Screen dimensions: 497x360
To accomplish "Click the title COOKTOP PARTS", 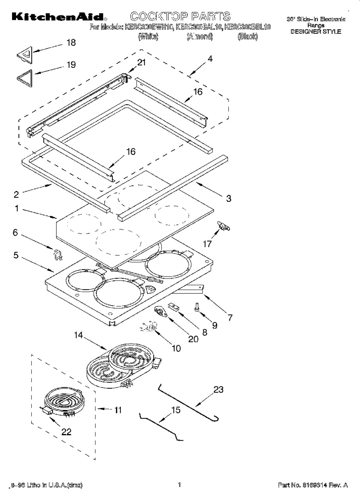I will pos(180,16).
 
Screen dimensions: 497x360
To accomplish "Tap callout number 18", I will pos(71,43).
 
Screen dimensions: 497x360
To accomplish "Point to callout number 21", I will pos(141,63).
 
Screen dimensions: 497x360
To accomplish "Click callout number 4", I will pos(210,59).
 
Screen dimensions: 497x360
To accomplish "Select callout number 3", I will pos(229,198).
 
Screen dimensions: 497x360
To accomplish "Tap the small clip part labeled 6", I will pos(57,254).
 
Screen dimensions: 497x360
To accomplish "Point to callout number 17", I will pos(207,244).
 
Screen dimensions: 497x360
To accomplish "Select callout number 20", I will pos(193,339).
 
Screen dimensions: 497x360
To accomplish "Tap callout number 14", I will pos(78,335).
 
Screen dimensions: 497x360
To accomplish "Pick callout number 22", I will pos(66,432).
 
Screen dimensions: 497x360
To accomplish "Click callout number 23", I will pos(218,390).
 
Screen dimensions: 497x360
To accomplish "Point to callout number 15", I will pos(175,410).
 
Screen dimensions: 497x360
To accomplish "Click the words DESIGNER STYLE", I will pos(316,32).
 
